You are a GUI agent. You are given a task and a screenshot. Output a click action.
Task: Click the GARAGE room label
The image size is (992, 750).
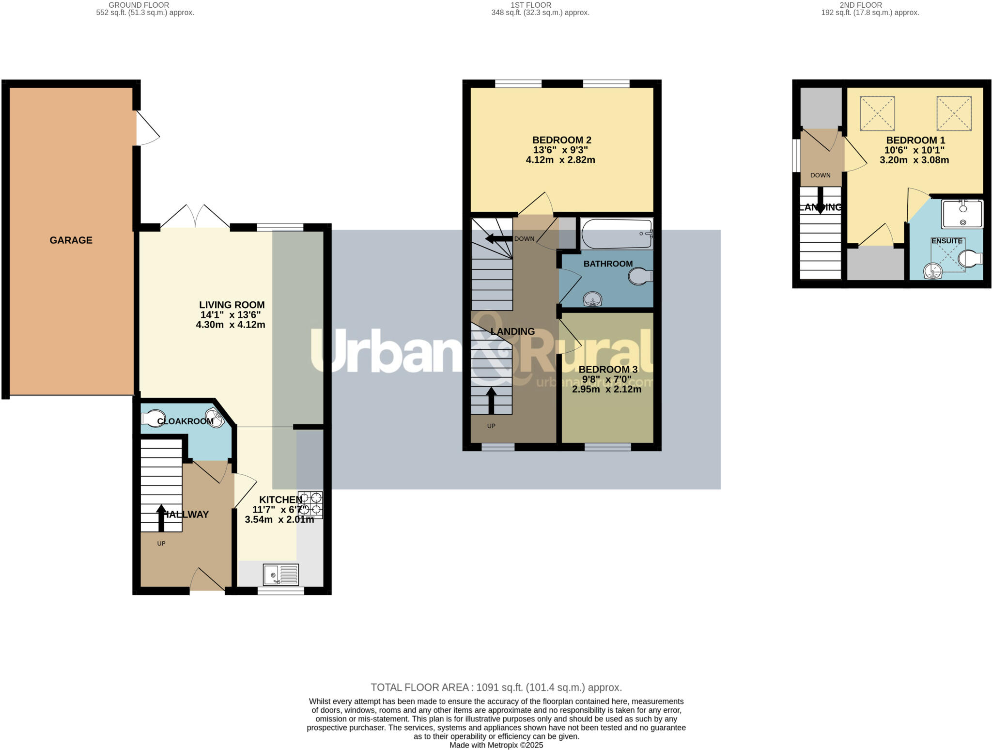coord(71,240)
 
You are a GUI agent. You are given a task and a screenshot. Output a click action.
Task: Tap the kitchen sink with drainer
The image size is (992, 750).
coord(280,575)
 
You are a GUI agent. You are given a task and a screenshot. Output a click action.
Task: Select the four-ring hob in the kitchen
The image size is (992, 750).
coord(310,504)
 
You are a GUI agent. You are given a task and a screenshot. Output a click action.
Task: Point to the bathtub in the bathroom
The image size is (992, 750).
coord(616,234)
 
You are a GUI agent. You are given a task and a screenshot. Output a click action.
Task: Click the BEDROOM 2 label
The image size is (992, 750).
coord(561,140)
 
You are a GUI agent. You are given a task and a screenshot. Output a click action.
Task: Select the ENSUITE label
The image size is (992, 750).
coord(946,241)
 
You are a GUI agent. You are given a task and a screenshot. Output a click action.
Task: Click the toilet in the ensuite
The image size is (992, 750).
coord(970,259)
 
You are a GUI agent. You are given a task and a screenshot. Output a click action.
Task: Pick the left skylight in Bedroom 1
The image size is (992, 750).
coord(877,113)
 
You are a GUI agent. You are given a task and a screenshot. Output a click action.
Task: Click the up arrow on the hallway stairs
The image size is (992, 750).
coord(161,517)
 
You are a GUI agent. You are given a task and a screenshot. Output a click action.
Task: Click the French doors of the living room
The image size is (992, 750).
coord(195,217)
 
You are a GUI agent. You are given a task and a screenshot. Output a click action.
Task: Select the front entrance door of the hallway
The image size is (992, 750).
coord(207,580)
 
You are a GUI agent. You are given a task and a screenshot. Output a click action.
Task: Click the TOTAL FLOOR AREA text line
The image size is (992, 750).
coord(496,687)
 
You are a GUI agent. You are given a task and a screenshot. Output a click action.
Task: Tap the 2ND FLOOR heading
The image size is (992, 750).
coord(860,5)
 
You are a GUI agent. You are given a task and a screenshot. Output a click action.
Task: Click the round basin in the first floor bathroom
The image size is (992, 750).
coord(593,299)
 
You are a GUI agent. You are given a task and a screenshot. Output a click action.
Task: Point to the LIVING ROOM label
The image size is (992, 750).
coord(232,305)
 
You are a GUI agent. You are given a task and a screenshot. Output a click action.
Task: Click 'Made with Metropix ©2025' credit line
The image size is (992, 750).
coord(496,745)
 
